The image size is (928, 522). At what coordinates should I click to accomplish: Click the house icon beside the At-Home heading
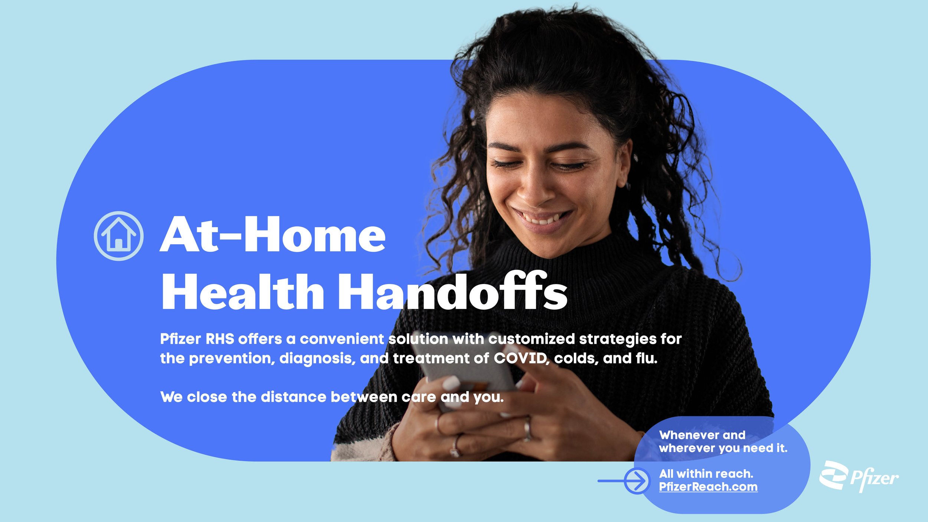tap(118, 236)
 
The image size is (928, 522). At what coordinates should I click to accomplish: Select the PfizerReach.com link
tap(708, 487)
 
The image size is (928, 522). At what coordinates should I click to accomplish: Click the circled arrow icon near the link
tap(637, 481)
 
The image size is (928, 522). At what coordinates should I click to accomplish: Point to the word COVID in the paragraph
tap(520, 359)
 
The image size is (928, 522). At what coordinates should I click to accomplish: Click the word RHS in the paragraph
tap(220, 339)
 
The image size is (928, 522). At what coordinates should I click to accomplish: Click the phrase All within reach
tap(706, 474)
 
